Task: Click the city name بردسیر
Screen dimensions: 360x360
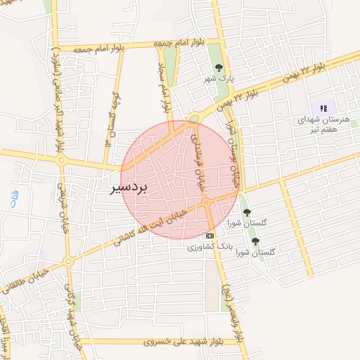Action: click(x=130, y=189)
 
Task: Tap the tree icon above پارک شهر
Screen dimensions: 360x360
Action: click(x=219, y=67)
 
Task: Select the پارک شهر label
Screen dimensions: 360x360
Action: click(x=219, y=79)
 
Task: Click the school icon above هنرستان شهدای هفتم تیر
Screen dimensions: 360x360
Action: click(x=323, y=108)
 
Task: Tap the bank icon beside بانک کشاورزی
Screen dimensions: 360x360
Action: click(x=210, y=236)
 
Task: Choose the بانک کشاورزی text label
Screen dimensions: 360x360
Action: click(x=209, y=248)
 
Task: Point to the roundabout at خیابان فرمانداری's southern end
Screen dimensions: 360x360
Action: click(x=207, y=202)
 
